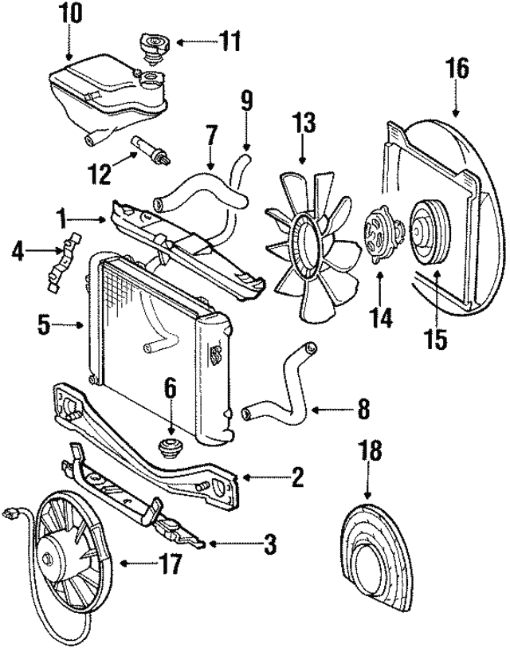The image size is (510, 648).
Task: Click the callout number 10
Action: tap(70, 13)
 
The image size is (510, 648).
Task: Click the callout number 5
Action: tap(45, 324)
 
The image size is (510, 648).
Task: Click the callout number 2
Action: tap(296, 477)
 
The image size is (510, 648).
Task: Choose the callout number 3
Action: tap(270, 545)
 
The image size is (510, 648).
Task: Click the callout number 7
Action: tap(210, 135)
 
